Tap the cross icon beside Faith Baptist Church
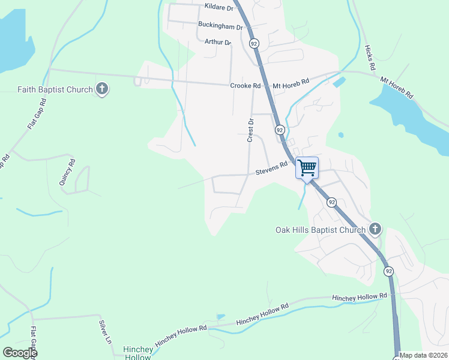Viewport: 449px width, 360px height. [102, 90]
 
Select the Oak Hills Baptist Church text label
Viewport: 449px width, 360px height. [320, 229]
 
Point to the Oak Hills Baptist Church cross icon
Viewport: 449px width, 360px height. [375, 229]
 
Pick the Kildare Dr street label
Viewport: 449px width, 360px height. [218, 7]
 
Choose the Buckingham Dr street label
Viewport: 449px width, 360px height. [220, 26]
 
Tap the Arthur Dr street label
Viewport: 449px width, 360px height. [217, 42]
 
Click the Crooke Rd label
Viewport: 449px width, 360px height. [245, 86]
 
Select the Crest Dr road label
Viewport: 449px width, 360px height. [252, 130]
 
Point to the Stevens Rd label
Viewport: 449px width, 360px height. [272, 172]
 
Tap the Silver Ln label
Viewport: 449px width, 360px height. [106, 331]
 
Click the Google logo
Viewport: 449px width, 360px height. [20, 353]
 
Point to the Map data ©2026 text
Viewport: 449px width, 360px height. [423, 355]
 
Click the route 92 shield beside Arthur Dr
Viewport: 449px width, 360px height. [255, 44]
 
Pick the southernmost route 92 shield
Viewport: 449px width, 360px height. [389, 271]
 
